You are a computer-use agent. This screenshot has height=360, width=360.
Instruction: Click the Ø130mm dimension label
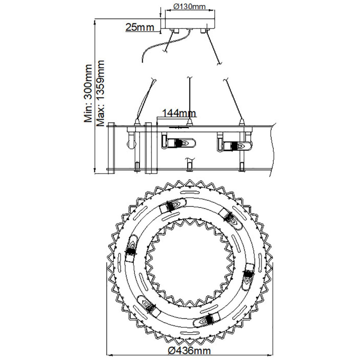tap(190, 6)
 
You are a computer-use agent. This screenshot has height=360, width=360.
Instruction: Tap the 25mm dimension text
tap(140, 27)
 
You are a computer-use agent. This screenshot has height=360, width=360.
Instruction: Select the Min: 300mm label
tap(88, 93)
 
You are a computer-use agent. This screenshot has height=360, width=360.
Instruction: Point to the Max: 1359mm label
tap(100, 94)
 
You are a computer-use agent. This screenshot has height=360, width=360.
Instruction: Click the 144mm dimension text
tap(179, 113)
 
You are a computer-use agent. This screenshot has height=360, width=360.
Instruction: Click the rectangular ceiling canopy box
tap(190, 23)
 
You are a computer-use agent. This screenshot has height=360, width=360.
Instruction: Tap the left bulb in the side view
tap(179, 144)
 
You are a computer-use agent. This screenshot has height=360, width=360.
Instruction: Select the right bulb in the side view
tap(235, 145)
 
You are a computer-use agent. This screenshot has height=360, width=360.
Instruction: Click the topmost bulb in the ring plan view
tap(173, 205)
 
